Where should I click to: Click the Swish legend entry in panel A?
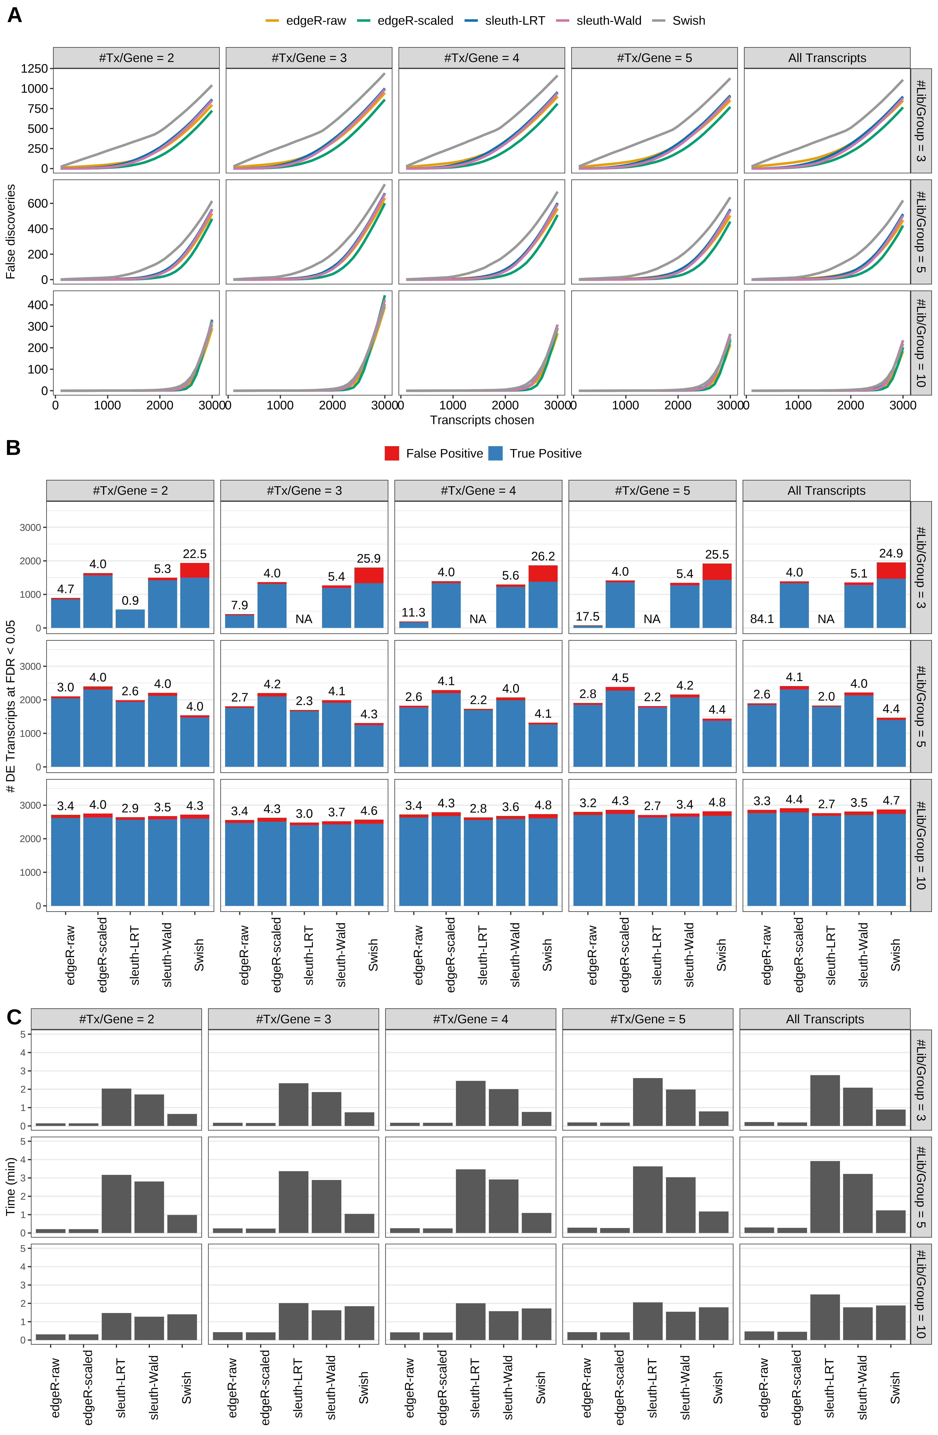[x=688, y=20]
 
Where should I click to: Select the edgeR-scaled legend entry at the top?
[x=415, y=20]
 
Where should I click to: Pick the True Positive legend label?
[x=545, y=453]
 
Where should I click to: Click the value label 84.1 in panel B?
[x=762, y=619]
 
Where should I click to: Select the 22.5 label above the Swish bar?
[x=195, y=554]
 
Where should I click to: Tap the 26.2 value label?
[x=543, y=556]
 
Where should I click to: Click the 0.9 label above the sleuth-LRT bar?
[x=130, y=600]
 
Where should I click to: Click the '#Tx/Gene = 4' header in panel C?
[x=470, y=1019]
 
